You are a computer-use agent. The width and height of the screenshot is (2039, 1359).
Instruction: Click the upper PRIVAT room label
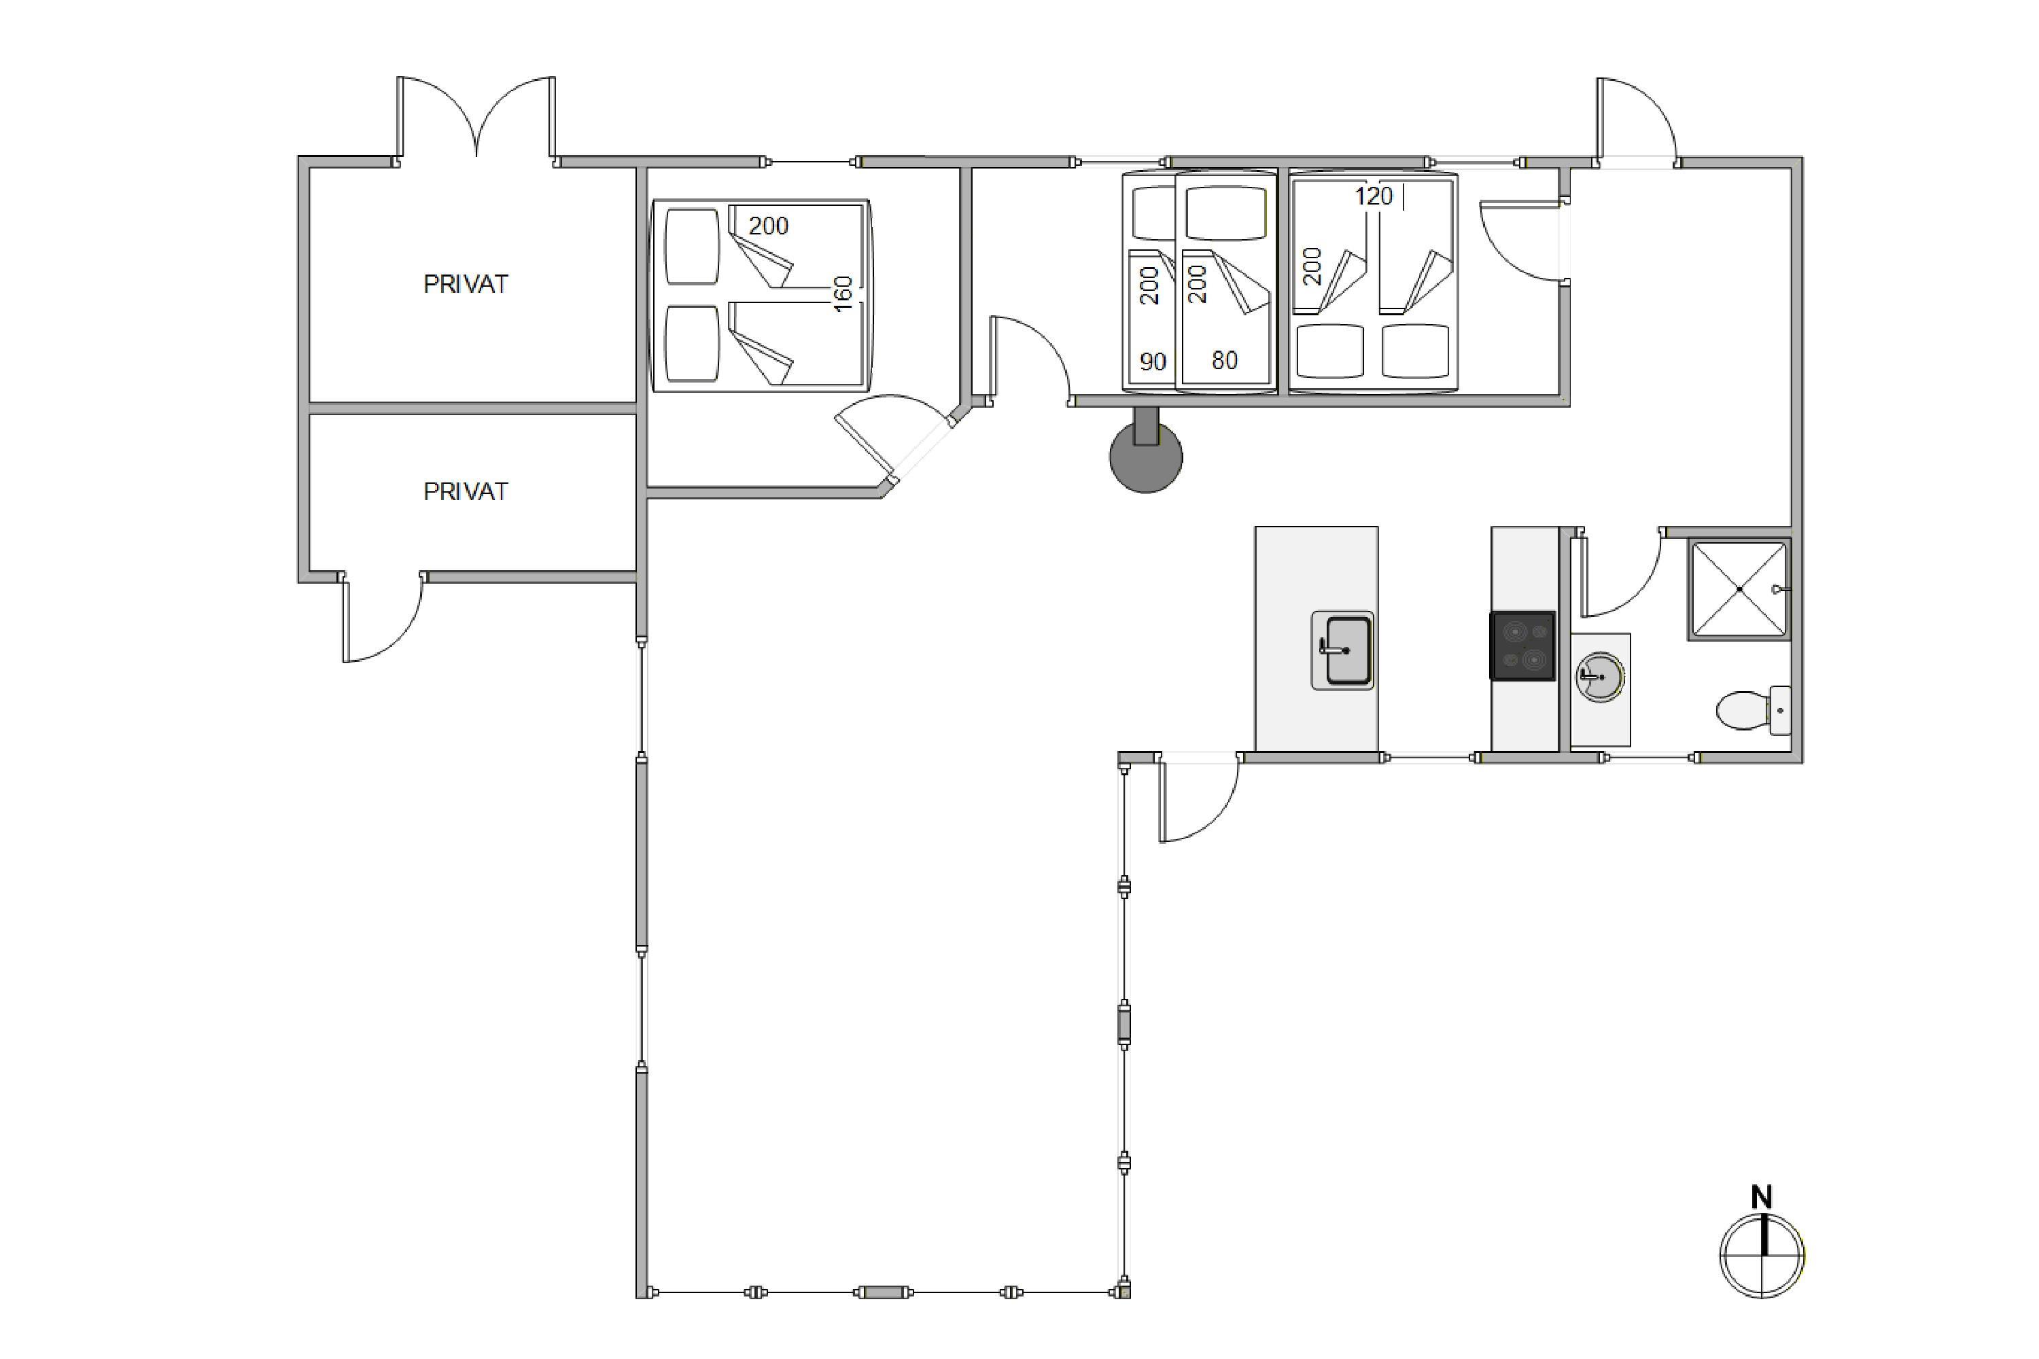point(465,284)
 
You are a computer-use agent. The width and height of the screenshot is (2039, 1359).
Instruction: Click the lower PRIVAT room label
point(465,491)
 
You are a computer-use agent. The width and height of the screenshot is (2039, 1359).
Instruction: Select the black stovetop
point(1522,646)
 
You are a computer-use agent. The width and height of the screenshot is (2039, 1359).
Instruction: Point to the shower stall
point(1739,589)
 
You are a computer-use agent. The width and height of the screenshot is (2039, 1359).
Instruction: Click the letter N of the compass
point(1762,1197)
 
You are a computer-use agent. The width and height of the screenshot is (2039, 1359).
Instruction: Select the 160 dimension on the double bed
point(843,294)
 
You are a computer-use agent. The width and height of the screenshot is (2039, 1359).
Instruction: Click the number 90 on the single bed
point(1153,361)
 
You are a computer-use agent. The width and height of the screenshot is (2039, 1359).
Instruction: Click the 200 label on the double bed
point(768,226)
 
